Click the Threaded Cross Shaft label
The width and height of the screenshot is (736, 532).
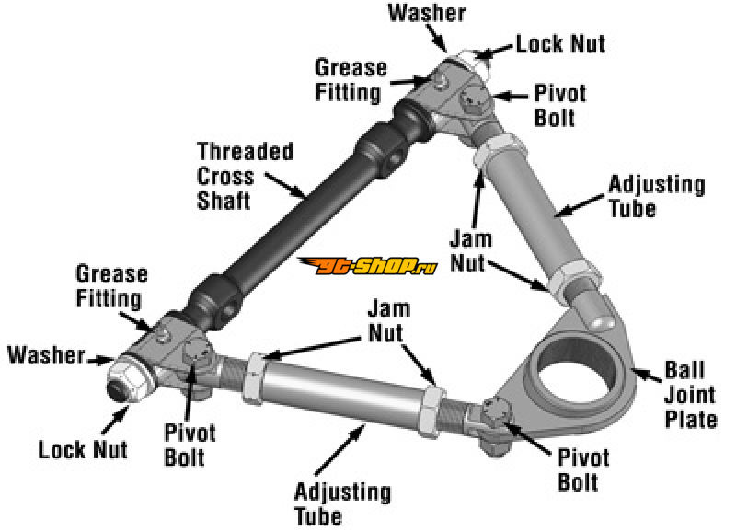coord(245,176)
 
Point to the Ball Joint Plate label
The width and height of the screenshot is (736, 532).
coord(691,395)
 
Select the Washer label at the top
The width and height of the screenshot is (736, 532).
coord(427,13)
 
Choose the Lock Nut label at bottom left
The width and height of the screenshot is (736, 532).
coord(83,449)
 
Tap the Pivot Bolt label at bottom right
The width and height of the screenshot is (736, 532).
coord(583,469)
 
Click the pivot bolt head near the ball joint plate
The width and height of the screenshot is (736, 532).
coord(498,414)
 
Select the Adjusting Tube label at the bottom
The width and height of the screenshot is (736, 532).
coord(342,503)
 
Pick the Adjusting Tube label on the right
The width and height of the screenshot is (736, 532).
coord(657,196)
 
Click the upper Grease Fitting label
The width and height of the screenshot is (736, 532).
coord(351,80)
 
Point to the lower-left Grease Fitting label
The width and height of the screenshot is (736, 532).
coord(111,286)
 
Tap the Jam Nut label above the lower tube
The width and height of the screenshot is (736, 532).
coord(388,320)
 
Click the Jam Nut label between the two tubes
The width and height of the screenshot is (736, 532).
coord(471,250)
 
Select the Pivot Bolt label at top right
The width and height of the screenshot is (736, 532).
coord(560,106)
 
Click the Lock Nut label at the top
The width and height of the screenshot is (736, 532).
coord(560,43)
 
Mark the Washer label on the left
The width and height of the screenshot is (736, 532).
coord(47,354)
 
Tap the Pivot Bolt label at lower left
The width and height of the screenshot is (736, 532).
coord(190,445)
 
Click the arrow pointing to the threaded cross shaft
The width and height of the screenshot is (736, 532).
coord(285,185)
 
